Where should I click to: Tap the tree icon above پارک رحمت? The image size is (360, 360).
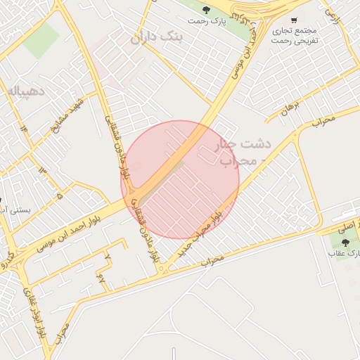[x=206, y=9]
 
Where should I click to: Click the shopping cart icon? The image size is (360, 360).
[x=293, y=20]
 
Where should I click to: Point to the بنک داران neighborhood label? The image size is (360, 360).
[x=156, y=36]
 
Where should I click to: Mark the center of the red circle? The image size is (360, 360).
[x=181, y=179]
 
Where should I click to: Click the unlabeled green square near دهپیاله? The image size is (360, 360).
[x=41, y=41]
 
